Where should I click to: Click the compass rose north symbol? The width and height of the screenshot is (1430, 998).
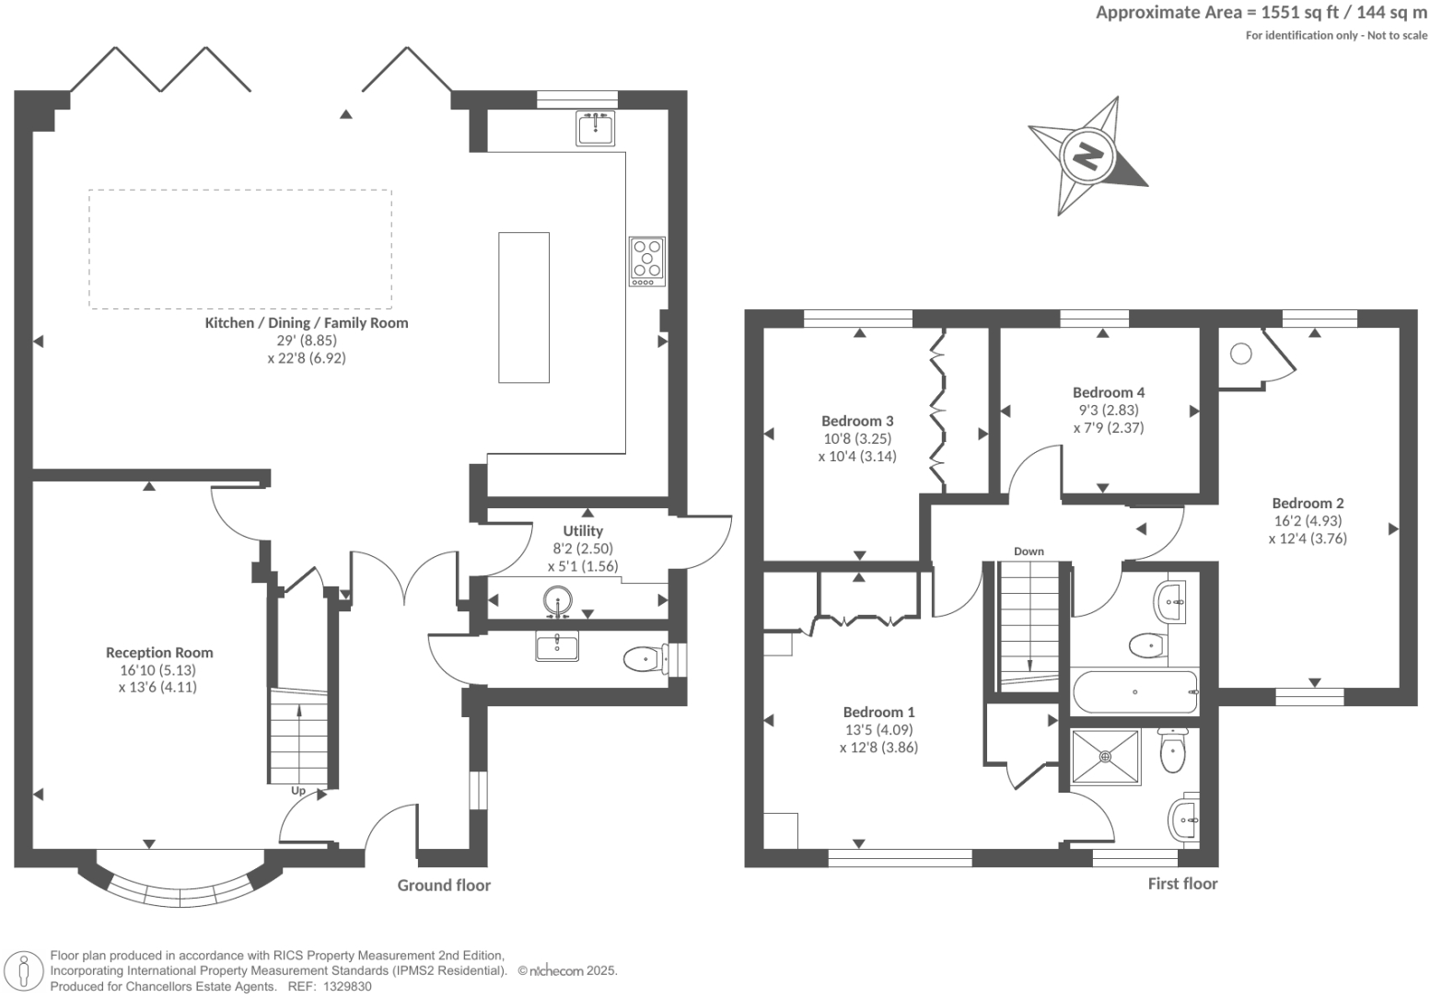[1087, 156]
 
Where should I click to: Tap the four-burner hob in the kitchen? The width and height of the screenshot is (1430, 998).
[647, 261]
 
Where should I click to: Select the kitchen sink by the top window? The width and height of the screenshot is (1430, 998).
[596, 128]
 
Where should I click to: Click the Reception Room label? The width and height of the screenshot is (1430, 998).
[159, 653]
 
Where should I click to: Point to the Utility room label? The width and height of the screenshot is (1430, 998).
[583, 531]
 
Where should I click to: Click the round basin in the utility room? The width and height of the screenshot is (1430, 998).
[558, 602]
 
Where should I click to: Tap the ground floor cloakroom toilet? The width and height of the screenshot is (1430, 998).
[642, 659]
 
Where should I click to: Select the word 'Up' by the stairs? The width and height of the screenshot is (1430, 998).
[298, 791]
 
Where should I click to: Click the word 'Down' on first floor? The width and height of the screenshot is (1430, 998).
[1029, 551]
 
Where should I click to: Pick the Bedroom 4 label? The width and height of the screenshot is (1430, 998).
[1109, 392]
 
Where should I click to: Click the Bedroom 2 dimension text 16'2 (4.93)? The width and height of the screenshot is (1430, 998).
[1308, 521]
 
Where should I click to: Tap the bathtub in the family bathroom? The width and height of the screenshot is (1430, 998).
[1135, 691]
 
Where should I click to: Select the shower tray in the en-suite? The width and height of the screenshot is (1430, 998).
[1105, 757]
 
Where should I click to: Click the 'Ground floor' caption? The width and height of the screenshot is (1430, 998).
[444, 886]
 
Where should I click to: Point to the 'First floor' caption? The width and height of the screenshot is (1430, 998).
[1182, 884]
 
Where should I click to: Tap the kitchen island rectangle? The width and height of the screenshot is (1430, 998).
[524, 307]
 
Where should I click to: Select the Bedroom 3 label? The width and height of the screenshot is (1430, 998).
[857, 421]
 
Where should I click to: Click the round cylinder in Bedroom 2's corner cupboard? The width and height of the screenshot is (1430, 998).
[1240, 354]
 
